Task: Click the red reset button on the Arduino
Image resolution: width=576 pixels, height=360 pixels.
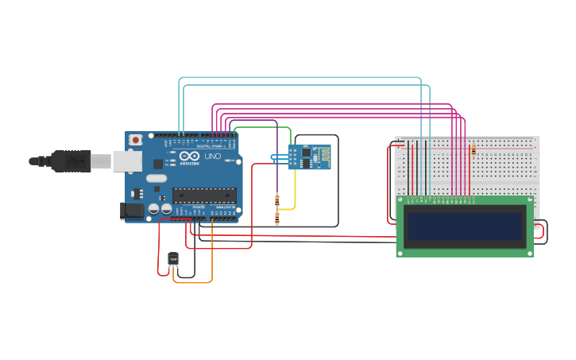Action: coord(136,140)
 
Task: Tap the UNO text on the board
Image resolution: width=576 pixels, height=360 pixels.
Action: coord(212,157)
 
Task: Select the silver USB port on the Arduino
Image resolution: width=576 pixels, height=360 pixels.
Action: coord(124,161)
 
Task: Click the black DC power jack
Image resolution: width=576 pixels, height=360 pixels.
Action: coord(130,211)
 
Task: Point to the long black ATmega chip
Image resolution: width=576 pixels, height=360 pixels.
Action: coord(204,195)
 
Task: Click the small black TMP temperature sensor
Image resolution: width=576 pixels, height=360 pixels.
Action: coord(173,258)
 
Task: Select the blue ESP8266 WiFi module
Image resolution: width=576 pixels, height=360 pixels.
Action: coord(309,157)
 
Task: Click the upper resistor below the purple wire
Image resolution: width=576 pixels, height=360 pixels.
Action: coord(276,199)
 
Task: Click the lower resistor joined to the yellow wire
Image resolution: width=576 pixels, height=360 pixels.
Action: coord(276,218)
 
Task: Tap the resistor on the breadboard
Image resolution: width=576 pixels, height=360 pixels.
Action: coord(474,149)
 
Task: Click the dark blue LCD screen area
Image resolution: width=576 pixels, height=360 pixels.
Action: coord(465,226)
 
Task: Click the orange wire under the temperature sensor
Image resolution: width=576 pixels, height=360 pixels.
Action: coord(199,282)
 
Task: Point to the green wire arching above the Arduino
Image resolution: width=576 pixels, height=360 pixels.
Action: coord(262,126)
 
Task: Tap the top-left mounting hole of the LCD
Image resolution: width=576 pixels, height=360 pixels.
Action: coord(400,199)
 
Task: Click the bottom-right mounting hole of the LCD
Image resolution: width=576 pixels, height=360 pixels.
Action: coord(529,253)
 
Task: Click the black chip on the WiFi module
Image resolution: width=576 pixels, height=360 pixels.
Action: coord(306,153)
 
